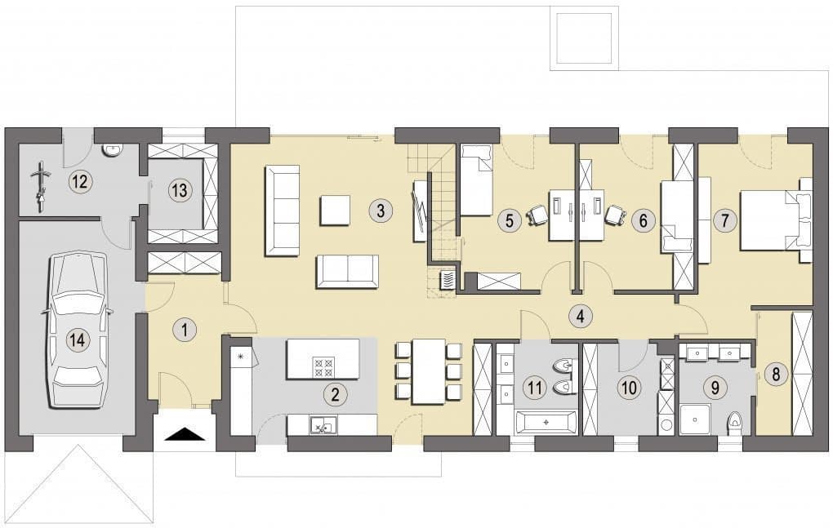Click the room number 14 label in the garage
point(78,339)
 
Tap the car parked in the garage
point(77,331)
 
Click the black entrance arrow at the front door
point(185,434)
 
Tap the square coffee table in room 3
point(335,211)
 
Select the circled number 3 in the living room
point(380,210)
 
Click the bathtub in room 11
point(546,423)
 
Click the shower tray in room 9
point(696,419)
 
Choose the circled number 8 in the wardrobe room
point(776,375)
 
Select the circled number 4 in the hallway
point(580,317)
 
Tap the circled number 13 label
point(180,189)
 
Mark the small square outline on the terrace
point(583,38)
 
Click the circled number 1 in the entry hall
point(185,330)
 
